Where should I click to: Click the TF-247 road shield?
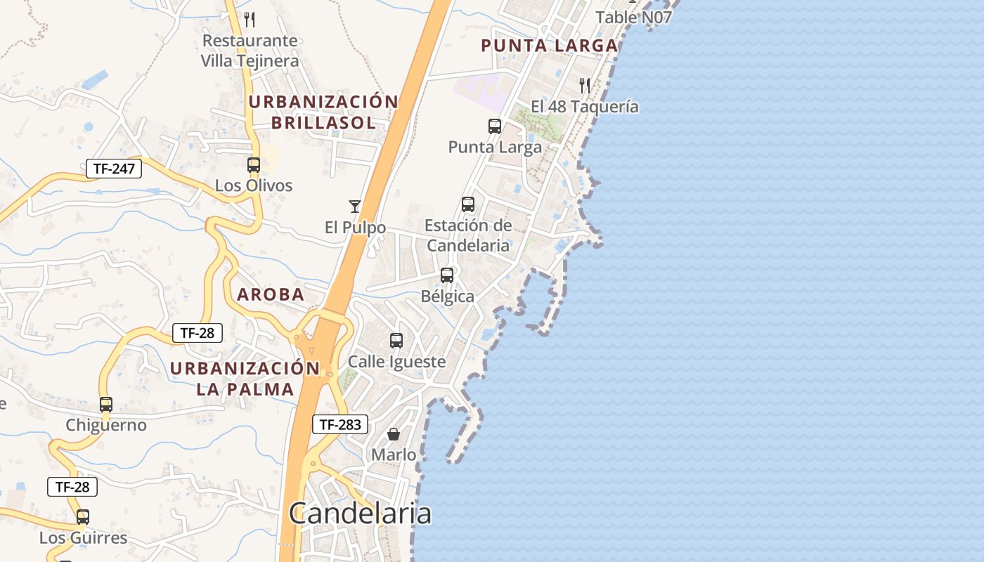click(114, 169)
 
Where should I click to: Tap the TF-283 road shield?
click(340, 424)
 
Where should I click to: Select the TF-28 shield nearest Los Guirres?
click(72, 486)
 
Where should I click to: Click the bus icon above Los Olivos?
click(254, 165)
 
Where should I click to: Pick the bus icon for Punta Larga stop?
click(495, 126)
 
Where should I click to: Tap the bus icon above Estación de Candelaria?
click(468, 204)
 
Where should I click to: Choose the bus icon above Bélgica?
click(447, 275)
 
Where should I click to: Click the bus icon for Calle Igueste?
click(396, 341)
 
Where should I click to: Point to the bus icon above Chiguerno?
click(106, 405)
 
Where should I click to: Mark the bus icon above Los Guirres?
click(83, 517)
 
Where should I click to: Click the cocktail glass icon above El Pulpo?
click(355, 207)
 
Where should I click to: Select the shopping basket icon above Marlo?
click(394, 434)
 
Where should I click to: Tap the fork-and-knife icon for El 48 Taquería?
click(585, 86)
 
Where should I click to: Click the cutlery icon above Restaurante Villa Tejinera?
click(250, 20)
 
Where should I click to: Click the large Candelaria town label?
click(360, 514)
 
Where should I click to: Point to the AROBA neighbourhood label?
click(271, 294)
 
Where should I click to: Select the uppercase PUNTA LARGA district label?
click(549, 46)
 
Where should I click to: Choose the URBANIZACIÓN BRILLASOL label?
click(323, 112)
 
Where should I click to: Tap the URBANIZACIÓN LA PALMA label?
click(245, 379)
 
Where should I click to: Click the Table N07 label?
click(634, 17)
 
